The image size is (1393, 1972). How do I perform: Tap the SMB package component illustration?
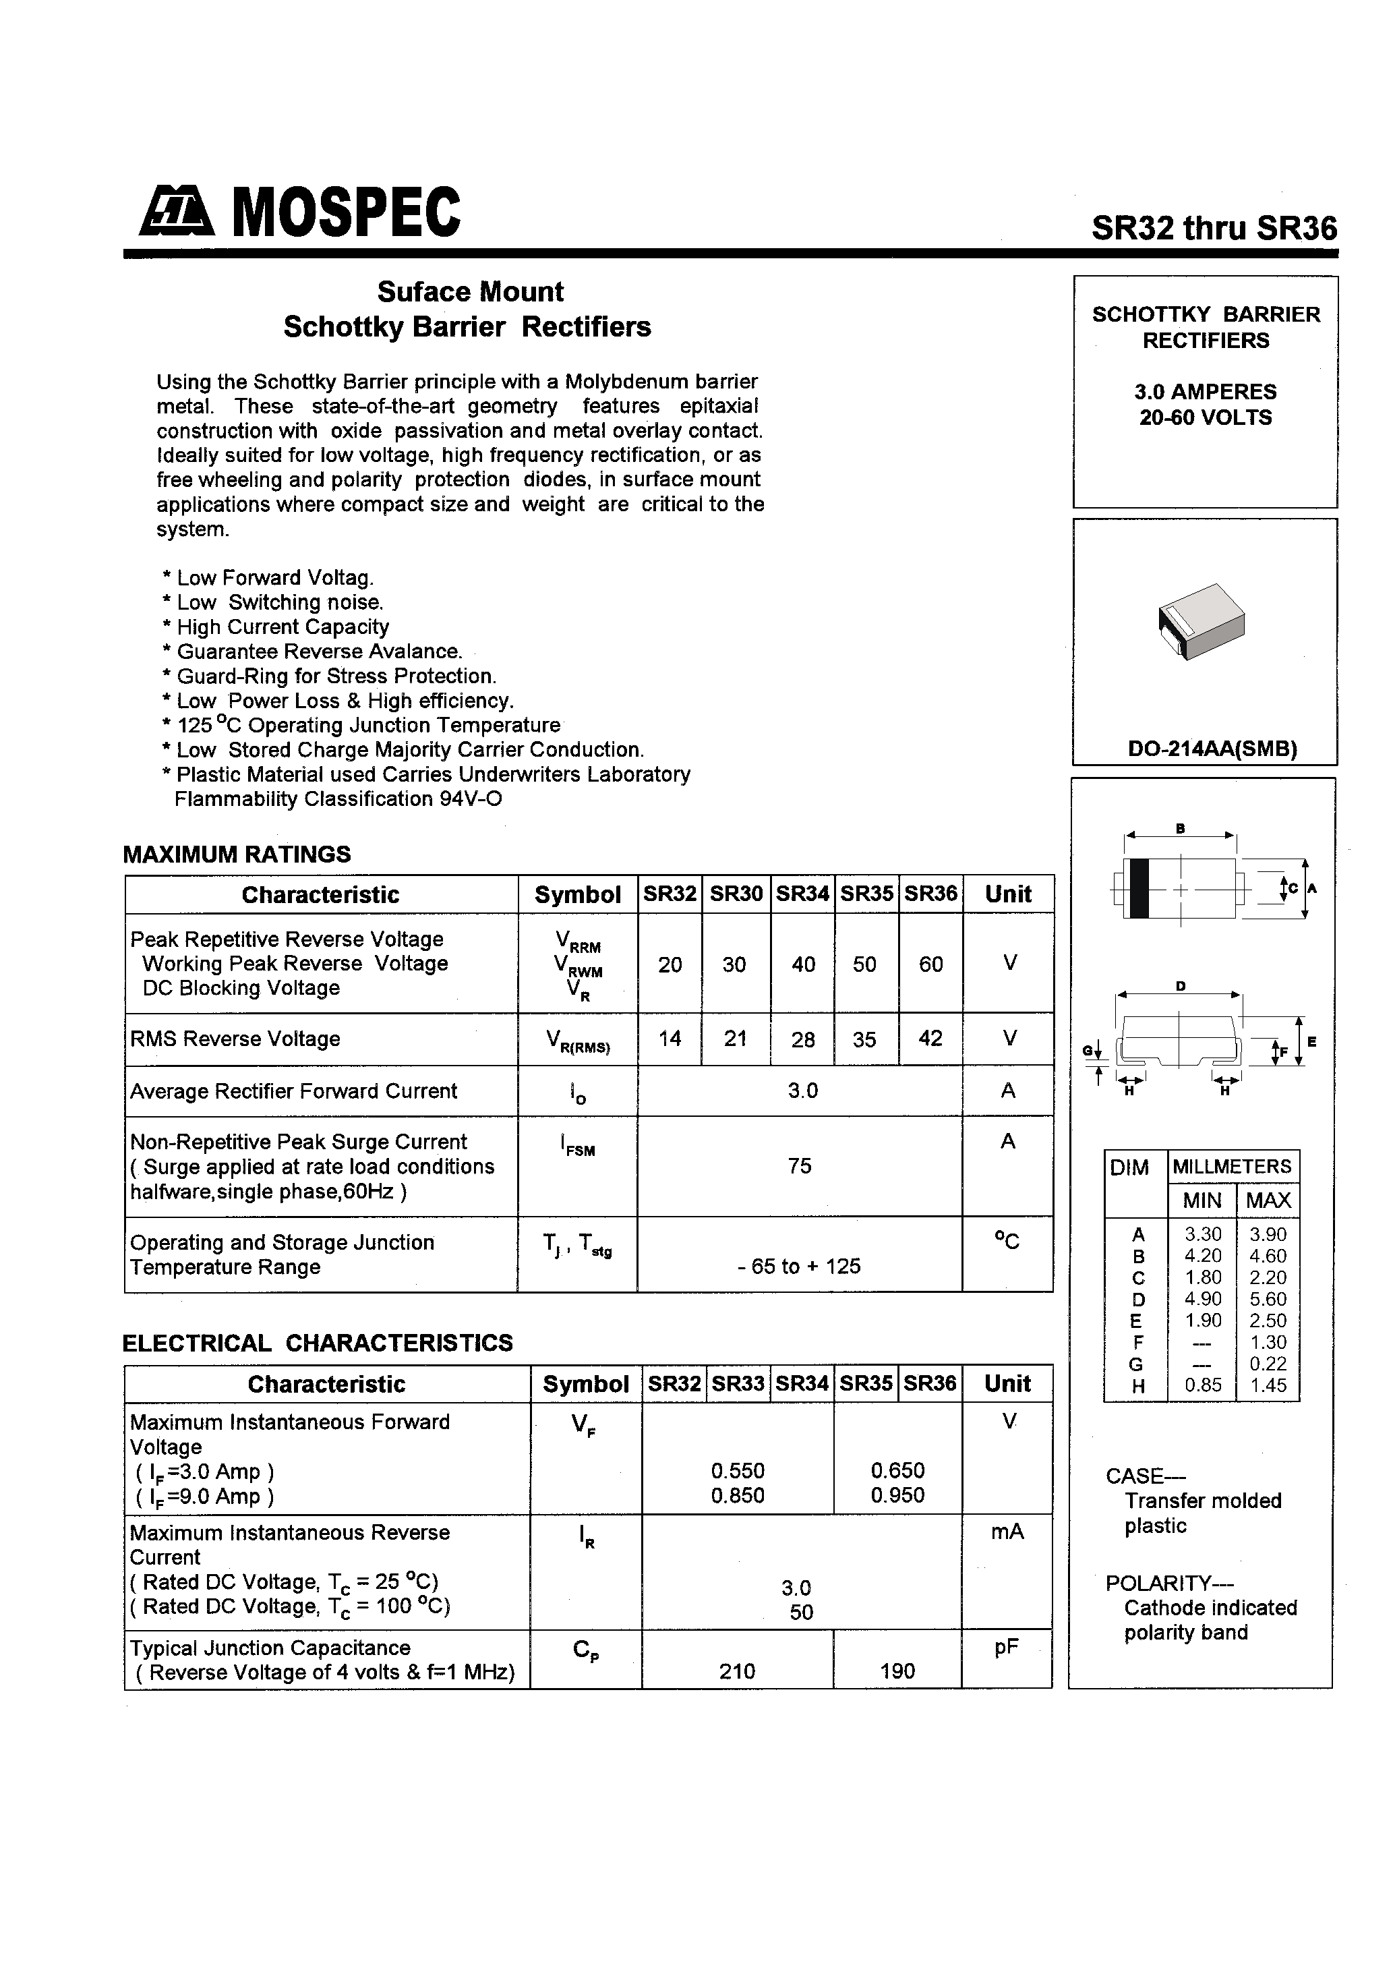[x=1201, y=620]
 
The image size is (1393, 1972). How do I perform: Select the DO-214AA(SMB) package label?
[x=1212, y=748]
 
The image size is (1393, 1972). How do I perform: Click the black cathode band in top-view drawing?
[x=1139, y=888]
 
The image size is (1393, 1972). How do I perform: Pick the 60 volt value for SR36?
[x=931, y=964]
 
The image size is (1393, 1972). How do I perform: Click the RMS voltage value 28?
[x=803, y=1040]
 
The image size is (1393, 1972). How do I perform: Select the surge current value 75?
[x=800, y=1165]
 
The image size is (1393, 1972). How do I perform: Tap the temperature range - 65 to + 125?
[x=799, y=1266]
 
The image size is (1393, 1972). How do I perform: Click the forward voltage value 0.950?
[x=897, y=1495]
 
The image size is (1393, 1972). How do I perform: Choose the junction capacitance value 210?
[x=737, y=1671]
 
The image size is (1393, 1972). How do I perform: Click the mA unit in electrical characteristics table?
[x=1007, y=1532]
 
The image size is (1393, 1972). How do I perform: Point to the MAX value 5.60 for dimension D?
[x=1268, y=1300]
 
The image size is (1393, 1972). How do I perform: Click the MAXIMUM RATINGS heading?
[x=237, y=854]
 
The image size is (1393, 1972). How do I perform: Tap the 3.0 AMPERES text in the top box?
[x=1205, y=392]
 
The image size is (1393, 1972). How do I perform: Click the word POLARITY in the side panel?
[x=1158, y=1583]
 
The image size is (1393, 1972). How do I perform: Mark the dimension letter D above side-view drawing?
[x=1181, y=987]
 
